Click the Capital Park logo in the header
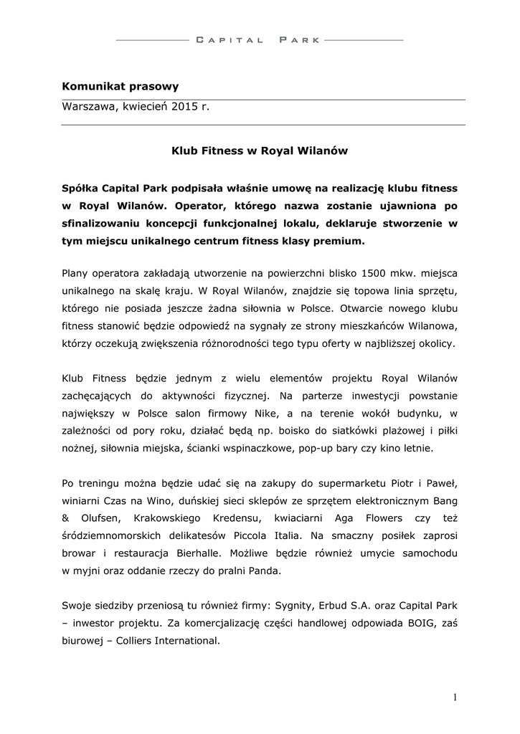click(x=260, y=40)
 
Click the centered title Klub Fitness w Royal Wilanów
click(x=259, y=151)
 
